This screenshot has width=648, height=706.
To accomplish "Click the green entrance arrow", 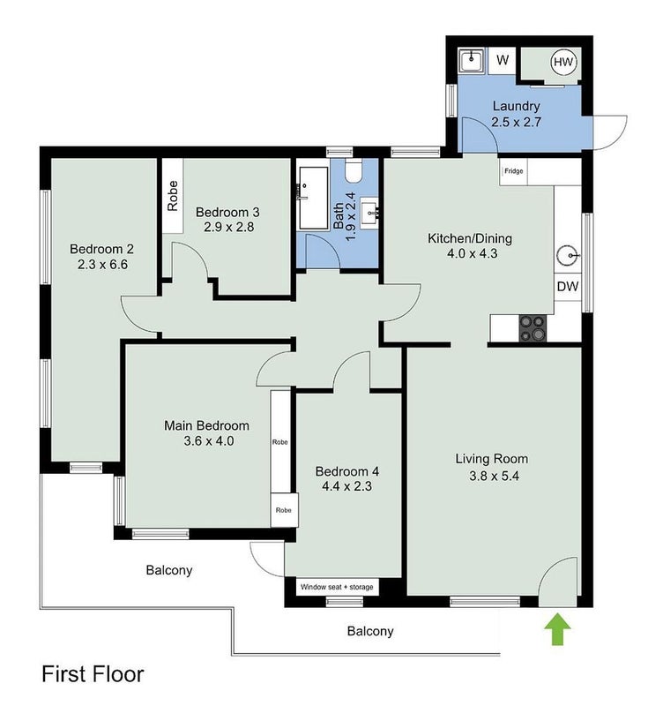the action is (557, 628).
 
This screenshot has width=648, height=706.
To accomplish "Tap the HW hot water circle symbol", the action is (563, 62).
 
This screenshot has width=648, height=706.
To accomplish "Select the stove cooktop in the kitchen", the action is (533, 328).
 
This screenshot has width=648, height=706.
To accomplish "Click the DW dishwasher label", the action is (568, 286).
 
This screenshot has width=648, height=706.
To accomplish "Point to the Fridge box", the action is (513, 171).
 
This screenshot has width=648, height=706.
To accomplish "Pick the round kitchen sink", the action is (568, 256).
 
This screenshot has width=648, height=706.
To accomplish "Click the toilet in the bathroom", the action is (354, 170).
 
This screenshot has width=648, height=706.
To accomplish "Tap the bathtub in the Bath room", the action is (314, 199).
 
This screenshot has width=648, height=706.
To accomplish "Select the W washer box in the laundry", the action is (503, 60).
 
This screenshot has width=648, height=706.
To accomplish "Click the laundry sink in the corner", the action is (471, 61).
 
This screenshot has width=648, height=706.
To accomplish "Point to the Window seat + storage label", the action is (337, 587).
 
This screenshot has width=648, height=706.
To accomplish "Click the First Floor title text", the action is (93, 674).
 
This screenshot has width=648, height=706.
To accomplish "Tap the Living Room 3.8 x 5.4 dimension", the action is (494, 476).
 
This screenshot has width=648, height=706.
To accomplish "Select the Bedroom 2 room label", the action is (101, 249).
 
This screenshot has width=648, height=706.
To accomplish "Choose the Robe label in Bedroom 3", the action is (173, 196).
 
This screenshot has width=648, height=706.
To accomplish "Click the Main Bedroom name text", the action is (206, 425).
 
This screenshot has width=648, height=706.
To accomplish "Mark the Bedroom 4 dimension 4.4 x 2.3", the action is (346, 486).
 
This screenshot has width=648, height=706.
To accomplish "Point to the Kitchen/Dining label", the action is (470, 238).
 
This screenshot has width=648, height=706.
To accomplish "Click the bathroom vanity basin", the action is (370, 212).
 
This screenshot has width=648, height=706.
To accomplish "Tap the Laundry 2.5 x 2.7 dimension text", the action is (517, 122).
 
